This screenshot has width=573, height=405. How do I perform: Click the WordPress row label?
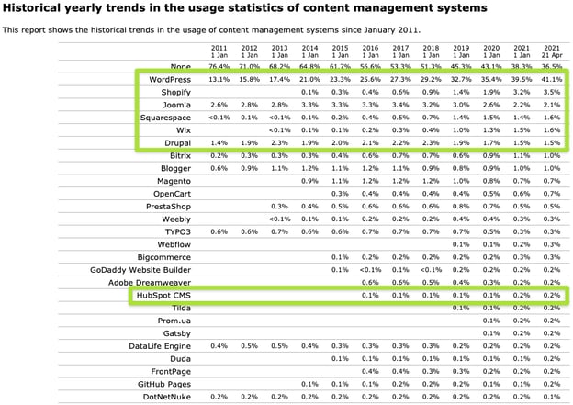[170, 80]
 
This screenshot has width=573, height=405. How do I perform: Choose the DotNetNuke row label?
[165, 397]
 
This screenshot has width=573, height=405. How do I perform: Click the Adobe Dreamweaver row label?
[147, 283]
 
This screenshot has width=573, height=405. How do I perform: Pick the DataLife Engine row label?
[160, 346]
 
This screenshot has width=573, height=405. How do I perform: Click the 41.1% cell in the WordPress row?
[551, 80]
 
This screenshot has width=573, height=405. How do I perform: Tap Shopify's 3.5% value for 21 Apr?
[551, 93]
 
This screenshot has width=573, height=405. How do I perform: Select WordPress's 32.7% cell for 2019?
[461, 80]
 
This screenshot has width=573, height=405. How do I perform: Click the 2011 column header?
[219, 51]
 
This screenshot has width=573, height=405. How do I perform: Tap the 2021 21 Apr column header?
[551, 51]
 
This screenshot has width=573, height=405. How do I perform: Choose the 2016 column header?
[370, 51]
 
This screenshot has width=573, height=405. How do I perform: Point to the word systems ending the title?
[456, 8]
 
